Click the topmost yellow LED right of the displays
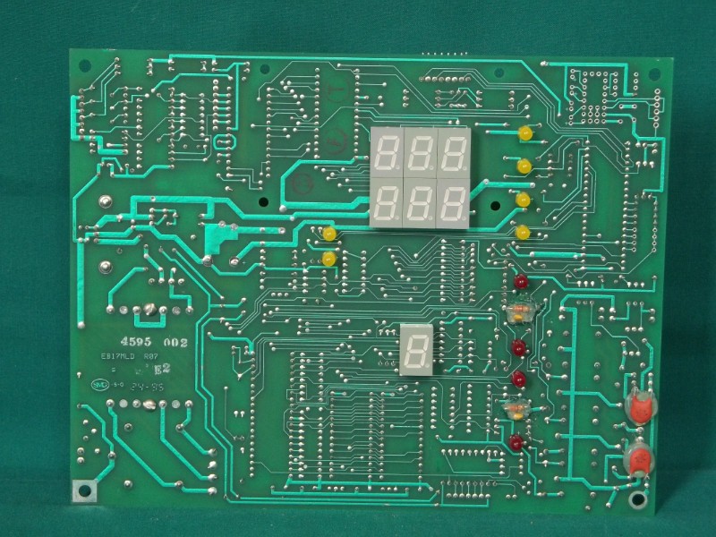pyautogui.click(x=524, y=133)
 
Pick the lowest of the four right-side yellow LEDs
pyautogui.click(x=523, y=233)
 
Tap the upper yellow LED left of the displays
pyautogui.click(x=328, y=234)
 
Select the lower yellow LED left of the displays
pyautogui.click(x=328, y=259)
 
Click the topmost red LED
pyautogui.click(x=520, y=283)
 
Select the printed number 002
pyautogui.click(x=174, y=343)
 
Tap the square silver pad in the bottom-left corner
pyautogui.click(x=85, y=489)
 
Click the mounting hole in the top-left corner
pyautogui.click(x=86, y=65)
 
